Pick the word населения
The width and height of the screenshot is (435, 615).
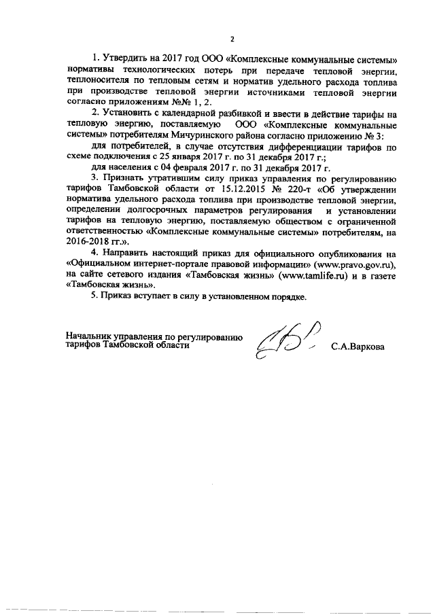pos(130,166)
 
